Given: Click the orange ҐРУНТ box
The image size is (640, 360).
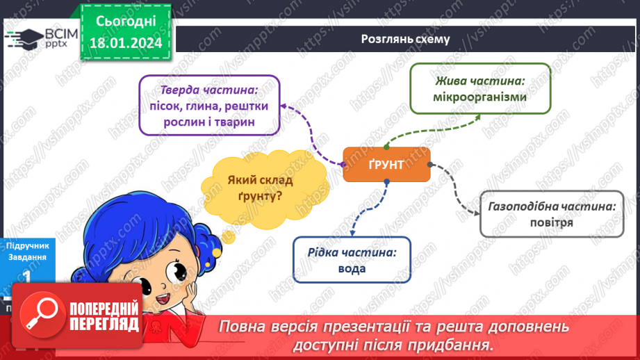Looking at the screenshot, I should click(x=386, y=165).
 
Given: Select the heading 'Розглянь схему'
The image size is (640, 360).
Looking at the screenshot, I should click(x=405, y=39).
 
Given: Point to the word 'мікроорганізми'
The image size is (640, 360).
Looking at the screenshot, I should click(x=479, y=97).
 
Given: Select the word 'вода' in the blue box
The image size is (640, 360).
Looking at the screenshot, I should click(x=352, y=269).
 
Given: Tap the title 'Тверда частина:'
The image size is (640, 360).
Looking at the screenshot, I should click(x=209, y=90).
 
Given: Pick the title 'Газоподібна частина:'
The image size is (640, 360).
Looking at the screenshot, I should click(x=552, y=206).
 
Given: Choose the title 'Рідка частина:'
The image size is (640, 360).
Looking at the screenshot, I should click(x=352, y=252).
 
